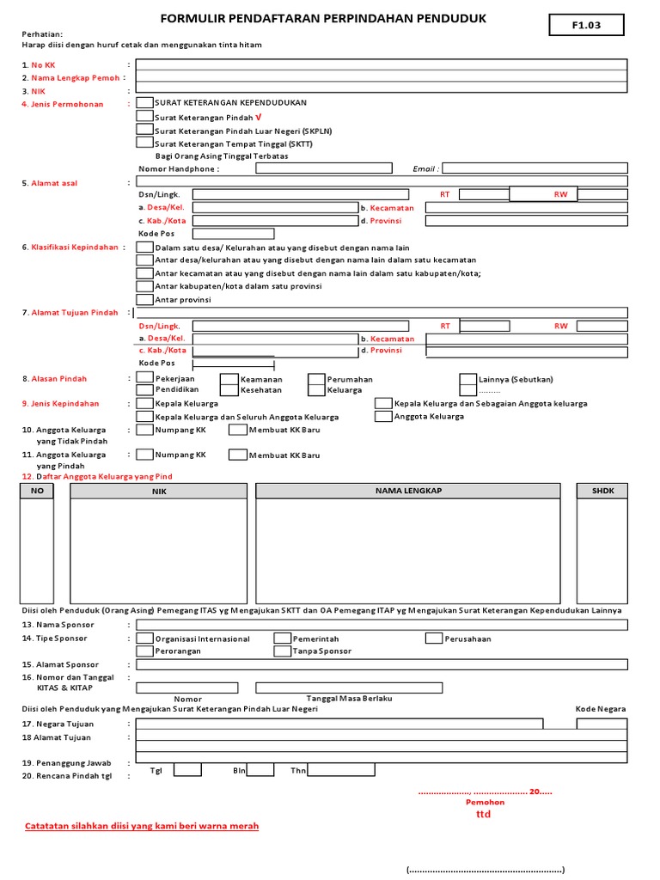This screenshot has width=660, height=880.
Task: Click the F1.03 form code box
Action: pyautogui.click(x=586, y=26)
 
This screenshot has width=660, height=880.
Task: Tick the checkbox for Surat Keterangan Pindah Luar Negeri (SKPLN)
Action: pyautogui.click(x=145, y=130)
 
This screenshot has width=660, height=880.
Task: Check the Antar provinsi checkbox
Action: pyautogui.click(x=145, y=299)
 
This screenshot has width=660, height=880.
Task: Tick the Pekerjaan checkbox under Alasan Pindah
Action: pyautogui.click(x=145, y=378)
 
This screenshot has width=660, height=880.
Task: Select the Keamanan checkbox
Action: pyautogui.click(x=229, y=379)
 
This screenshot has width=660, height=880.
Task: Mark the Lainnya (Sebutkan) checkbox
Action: pyautogui.click(x=467, y=379)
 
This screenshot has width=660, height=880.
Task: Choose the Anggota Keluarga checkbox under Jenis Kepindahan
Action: pyautogui.click(x=383, y=416)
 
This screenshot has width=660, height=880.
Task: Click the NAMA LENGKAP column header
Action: pyautogui.click(x=409, y=490)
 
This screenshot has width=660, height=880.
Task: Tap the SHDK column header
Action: pyautogui.click(x=602, y=490)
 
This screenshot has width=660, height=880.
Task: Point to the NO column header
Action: pyautogui.click(x=36, y=490)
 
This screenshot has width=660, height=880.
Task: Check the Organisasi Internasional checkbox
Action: pyautogui.click(x=145, y=639)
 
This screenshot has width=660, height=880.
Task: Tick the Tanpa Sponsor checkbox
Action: pyautogui.click(x=282, y=651)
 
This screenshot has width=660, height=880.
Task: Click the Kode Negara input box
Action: pyautogui.click(x=602, y=723)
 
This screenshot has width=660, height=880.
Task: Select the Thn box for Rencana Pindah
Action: pyautogui.click(x=340, y=770)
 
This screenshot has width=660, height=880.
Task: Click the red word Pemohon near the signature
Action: pyautogui.click(x=486, y=801)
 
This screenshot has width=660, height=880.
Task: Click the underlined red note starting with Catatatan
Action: pyautogui.click(x=141, y=826)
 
